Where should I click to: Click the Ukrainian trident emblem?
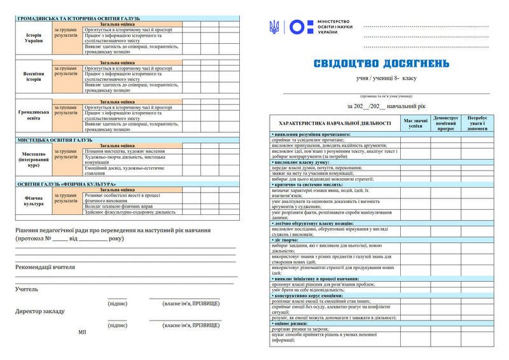(x=275, y=27)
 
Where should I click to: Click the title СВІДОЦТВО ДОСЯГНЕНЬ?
(x=382, y=64)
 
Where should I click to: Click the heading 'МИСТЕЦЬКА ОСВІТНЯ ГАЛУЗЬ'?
(x=55, y=140)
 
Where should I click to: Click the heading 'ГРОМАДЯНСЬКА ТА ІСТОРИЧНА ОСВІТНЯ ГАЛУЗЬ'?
(x=79, y=18)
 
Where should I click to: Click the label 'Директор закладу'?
(x=39, y=312)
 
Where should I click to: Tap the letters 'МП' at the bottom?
(x=82, y=332)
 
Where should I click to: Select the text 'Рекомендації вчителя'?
(x=45, y=267)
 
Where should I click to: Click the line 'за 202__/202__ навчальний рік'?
(x=380, y=106)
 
